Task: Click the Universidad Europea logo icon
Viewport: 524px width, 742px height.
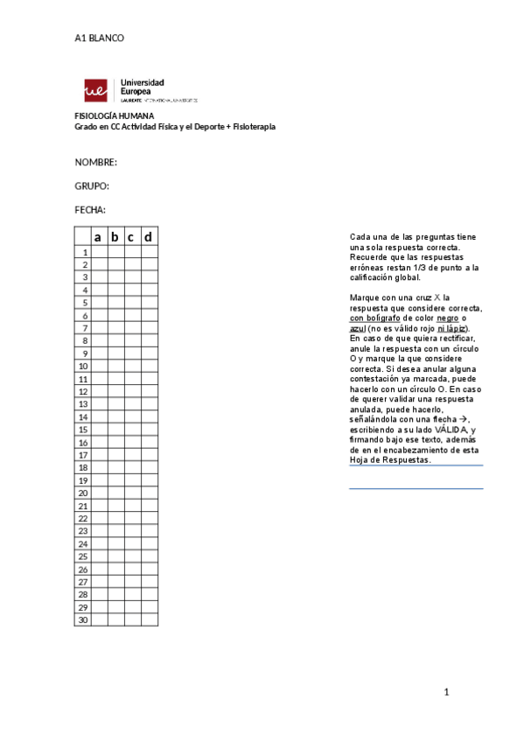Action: [95, 89]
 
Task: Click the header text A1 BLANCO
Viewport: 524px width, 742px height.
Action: [99, 38]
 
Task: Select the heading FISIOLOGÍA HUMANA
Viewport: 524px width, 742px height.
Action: [114, 116]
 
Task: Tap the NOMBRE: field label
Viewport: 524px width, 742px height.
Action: [95, 163]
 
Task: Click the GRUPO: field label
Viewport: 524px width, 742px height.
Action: [92, 186]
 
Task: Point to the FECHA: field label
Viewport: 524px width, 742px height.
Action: [90, 210]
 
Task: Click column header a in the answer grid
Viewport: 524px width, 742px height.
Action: [99, 237]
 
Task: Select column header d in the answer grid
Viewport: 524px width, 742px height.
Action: [149, 237]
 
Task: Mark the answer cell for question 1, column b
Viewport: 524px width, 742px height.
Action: [115, 252]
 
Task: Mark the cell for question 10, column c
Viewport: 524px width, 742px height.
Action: [132, 366]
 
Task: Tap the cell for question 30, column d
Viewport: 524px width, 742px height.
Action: [149, 619]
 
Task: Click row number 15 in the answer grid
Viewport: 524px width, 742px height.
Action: [83, 430]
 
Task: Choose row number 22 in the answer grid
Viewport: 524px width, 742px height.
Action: [83, 518]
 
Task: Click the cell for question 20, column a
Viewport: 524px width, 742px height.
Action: [99, 493]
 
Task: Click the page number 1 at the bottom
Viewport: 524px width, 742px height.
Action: [446, 693]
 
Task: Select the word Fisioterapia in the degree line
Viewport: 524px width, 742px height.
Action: [249, 127]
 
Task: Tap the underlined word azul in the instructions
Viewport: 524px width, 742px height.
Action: [358, 328]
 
